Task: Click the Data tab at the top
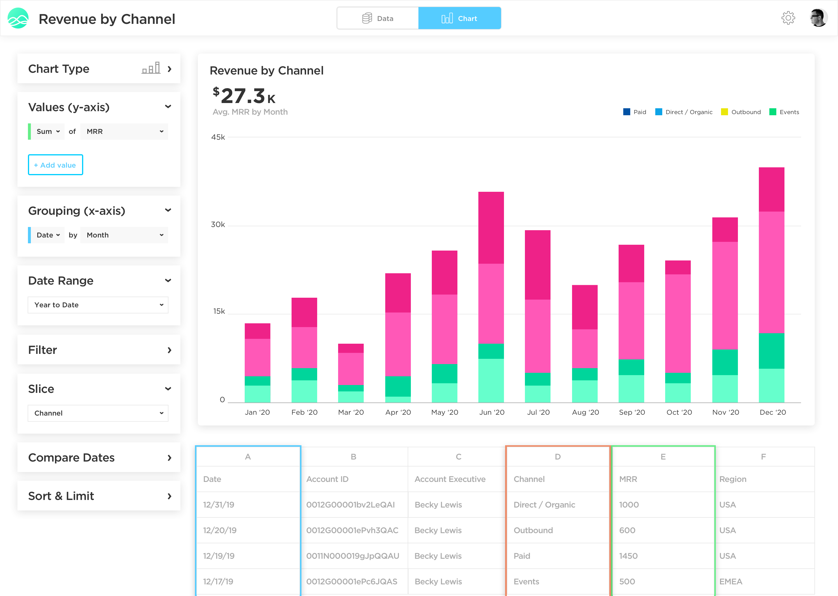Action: click(378, 18)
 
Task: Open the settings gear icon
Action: click(788, 18)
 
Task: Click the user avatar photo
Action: click(818, 18)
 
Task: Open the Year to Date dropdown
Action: click(98, 305)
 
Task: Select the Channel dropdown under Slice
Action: click(98, 413)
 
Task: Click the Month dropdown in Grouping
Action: click(124, 235)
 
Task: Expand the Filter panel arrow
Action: click(169, 350)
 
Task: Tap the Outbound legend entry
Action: click(741, 112)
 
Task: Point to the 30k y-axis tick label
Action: click(218, 225)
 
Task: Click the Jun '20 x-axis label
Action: click(492, 412)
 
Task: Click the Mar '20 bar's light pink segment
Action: click(351, 368)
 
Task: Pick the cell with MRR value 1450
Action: click(628, 556)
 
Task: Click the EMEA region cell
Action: click(731, 582)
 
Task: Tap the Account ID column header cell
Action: click(327, 479)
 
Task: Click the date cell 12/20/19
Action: click(220, 530)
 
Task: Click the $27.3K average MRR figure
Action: click(244, 96)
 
